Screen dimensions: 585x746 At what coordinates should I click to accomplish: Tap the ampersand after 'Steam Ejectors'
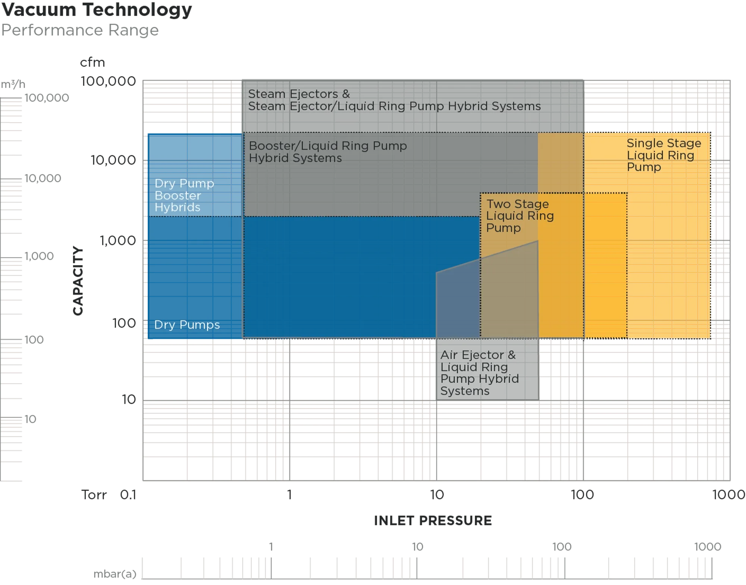pyautogui.click(x=346, y=94)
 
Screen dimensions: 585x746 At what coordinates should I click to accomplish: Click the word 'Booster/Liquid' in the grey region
pyautogui.click(x=291, y=146)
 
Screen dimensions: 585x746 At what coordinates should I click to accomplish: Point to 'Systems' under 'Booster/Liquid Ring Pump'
pyautogui.click(x=320, y=158)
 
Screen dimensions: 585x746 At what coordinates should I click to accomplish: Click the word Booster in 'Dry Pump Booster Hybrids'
pyautogui.click(x=178, y=195)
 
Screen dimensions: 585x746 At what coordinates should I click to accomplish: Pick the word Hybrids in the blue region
pyautogui.click(x=177, y=207)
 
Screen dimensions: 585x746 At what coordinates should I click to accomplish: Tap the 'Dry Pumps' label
pyautogui.click(x=187, y=325)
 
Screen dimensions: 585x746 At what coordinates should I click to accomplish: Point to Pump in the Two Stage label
pyautogui.click(x=503, y=228)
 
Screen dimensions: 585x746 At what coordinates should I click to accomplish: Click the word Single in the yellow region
pyautogui.click(x=645, y=143)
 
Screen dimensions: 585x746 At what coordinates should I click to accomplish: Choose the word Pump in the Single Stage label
pyautogui.click(x=643, y=167)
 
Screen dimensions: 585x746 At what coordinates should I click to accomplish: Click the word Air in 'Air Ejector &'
pyautogui.click(x=449, y=355)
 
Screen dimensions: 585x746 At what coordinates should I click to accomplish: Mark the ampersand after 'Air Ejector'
pyautogui.click(x=512, y=355)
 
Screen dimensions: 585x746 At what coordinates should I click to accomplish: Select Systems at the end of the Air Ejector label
pyautogui.click(x=465, y=391)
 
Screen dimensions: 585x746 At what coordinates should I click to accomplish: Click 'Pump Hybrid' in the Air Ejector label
pyautogui.click(x=479, y=379)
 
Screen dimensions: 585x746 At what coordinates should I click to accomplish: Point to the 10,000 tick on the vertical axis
pyautogui.click(x=113, y=160)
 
